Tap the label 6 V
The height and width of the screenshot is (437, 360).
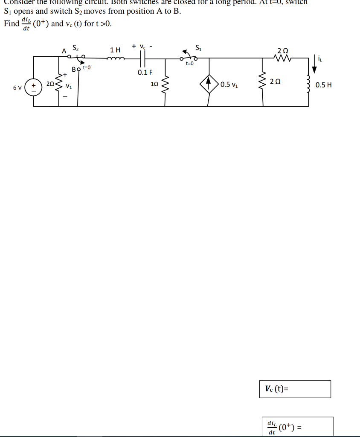(17, 87)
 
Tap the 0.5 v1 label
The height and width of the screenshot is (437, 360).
(229, 84)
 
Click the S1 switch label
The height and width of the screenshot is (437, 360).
(199, 48)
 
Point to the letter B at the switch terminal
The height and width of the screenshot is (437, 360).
(74, 69)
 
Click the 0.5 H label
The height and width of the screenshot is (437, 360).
(324, 85)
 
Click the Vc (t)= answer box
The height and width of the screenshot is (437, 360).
(295, 389)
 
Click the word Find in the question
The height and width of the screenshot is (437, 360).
(11, 23)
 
